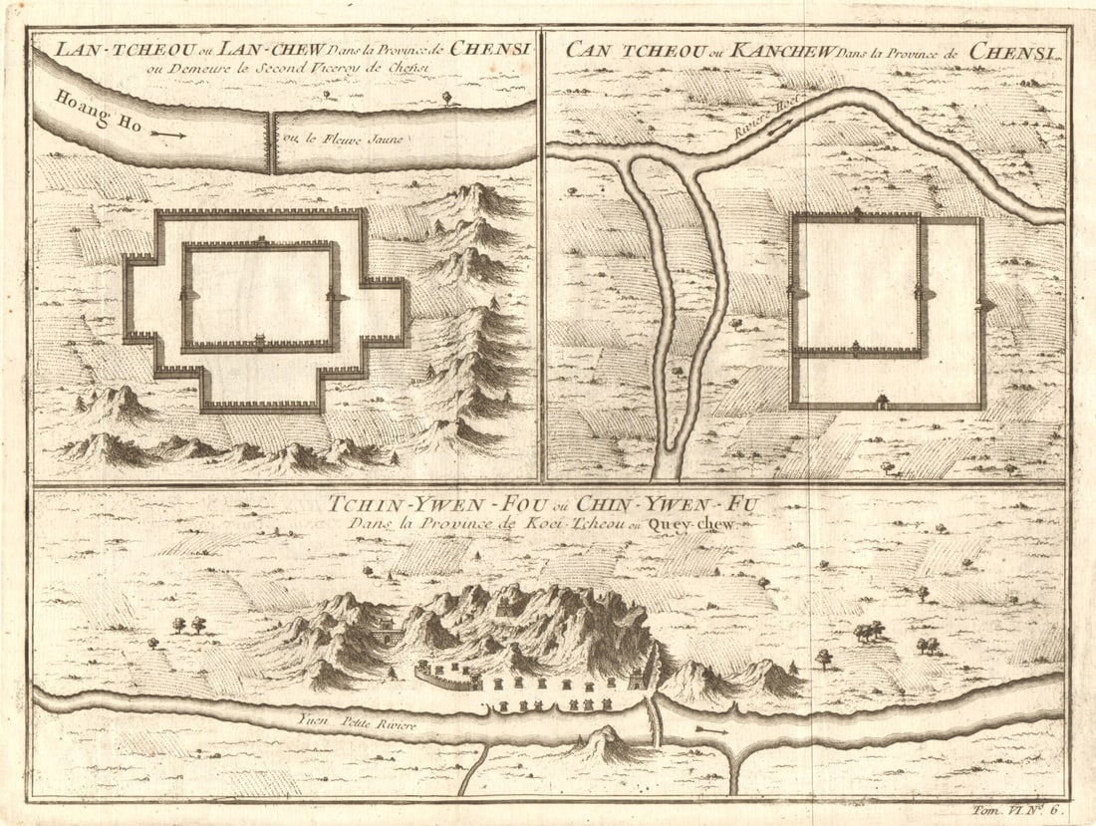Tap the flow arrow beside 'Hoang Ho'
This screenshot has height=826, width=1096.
click(x=170, y=132)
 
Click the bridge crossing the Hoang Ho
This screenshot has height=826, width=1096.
click(x=270, y=141)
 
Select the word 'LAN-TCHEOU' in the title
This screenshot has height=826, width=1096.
click(x=98, y=48)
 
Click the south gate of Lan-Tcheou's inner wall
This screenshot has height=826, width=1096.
click(x=259, y=342)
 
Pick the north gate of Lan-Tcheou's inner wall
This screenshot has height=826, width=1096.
click(x=260, y=241)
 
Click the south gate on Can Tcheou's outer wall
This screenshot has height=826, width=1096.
click(x=881, y=402)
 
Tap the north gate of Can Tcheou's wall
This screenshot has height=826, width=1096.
click(x=858, y=213)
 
